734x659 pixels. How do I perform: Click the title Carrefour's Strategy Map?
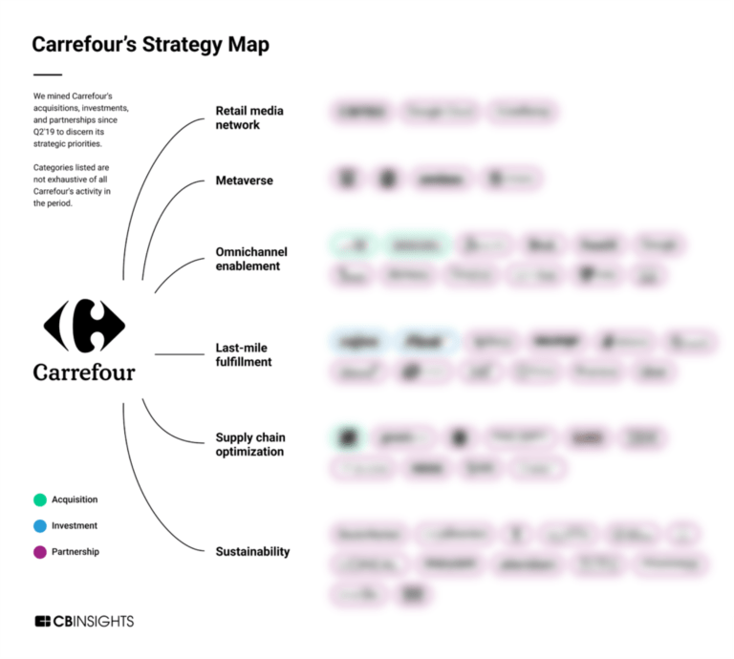150,44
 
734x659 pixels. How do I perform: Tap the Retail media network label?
249,117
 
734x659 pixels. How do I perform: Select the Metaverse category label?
244,181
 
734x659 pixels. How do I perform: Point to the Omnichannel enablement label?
250,259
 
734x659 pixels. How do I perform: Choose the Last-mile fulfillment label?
243,355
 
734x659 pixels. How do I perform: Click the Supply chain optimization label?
249,444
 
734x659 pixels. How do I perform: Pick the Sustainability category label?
252,551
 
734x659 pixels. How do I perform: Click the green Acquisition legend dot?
40,500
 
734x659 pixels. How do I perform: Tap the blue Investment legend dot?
40,525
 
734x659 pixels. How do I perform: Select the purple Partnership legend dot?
40,551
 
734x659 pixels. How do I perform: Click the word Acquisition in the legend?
75,500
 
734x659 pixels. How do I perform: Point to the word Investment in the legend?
75,525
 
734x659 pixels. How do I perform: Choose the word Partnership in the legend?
76,551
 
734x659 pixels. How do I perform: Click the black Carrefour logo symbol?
85,325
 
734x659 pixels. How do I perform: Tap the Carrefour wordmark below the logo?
84,372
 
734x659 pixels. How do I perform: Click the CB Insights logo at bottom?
84,622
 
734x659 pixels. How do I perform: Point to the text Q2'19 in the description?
46,132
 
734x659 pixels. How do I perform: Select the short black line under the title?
47,74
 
